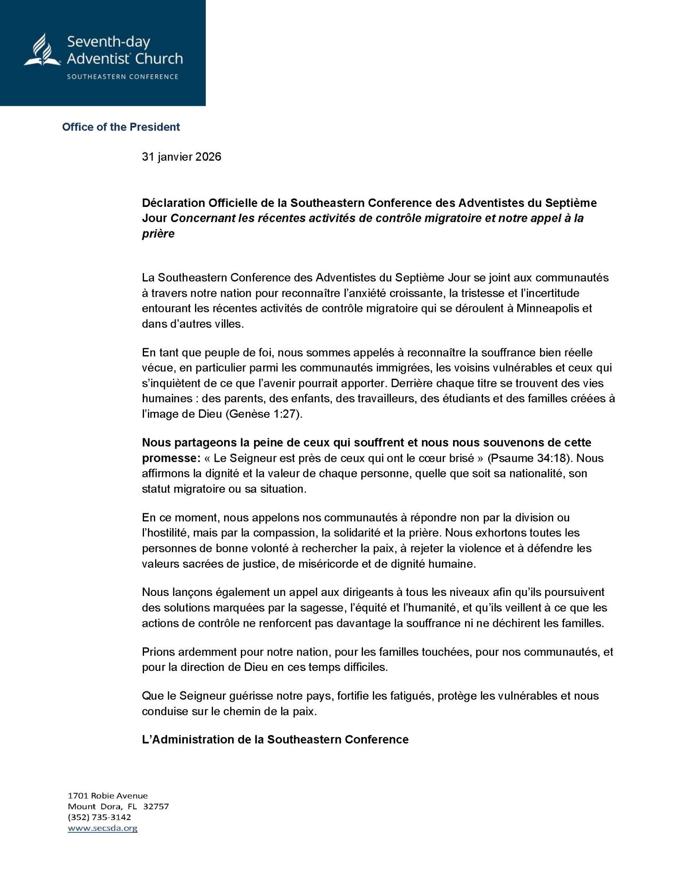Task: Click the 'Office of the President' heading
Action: click(121, 127)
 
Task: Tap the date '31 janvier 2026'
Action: click(181, 157)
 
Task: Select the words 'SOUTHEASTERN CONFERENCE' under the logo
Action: click(122, 77)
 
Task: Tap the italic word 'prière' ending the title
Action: click(158, 234)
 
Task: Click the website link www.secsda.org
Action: click(102, 828)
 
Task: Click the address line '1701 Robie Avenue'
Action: click(108, 796)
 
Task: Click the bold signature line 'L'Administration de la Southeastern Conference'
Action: click(275, 740)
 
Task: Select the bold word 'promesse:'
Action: click(171, 458)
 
